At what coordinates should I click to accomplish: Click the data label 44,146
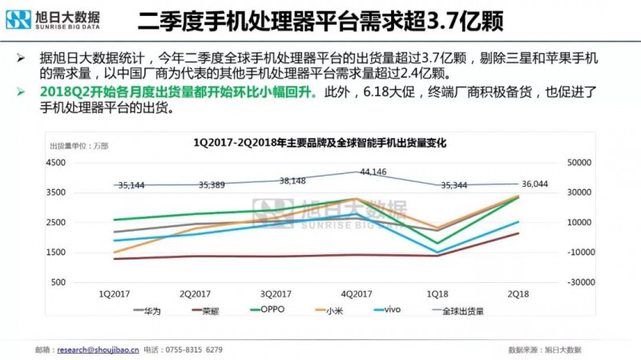click(x=373, y=172)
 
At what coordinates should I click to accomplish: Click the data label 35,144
click(x=131, y=185)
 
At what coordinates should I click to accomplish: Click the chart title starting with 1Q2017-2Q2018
click(x=320, y=143)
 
